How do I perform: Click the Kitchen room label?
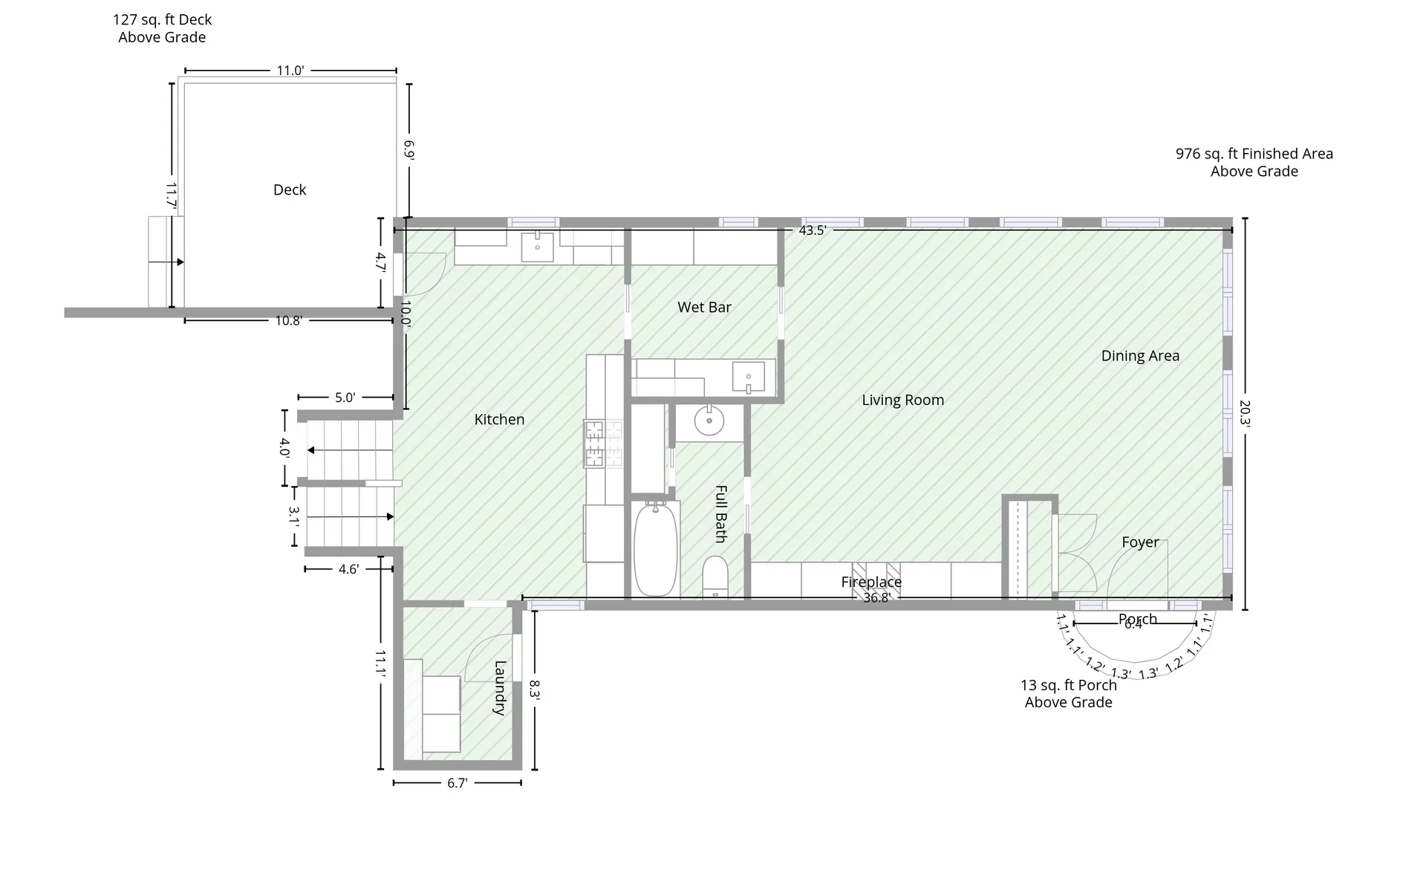[x=499, y=420]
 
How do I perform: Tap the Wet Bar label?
[x=704, y=307]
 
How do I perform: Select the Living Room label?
[x=903, y=400]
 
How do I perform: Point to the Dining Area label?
[x=1140, y=356]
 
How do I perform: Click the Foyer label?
[x=1140, y=542]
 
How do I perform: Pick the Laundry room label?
[x=500, y=688]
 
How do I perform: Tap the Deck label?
[x=290, y=189]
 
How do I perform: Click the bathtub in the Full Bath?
[x=657, y=548]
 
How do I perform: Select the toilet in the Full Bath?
[x=715, y=577]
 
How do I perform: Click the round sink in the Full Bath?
[x=709, y=421]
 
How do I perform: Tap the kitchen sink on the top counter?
[x=537, y=247]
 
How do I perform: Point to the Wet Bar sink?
[x=749, y=377]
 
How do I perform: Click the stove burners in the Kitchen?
[x=603, y=444]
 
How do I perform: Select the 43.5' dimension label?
[x=813, y=230]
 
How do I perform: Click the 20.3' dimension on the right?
[x=1245, y=414]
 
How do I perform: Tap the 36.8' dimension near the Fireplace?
[x=876, y=597]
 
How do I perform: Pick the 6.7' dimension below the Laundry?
[x=458, y=783]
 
